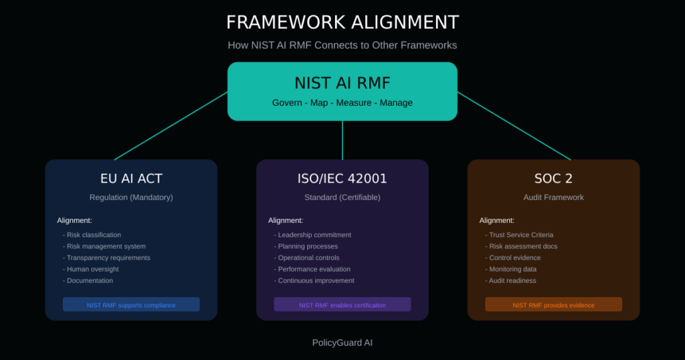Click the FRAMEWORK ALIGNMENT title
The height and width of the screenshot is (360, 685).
click(342, 22)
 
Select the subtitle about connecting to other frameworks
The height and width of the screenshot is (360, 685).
click(342, 46)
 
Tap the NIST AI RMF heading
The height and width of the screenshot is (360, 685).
click(342, 83)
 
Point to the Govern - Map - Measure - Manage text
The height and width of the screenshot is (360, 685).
click(342, 103)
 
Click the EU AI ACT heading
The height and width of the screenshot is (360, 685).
click(131, 179)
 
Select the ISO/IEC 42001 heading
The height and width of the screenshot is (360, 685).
click(342, 179)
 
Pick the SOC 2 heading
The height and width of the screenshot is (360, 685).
click(553, 179)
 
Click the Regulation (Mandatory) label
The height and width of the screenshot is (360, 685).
click(131, 197)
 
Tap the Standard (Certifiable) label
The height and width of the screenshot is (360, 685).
click(342, 197)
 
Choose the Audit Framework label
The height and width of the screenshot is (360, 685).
click(553, 197)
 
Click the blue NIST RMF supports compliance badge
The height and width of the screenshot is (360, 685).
click(131, 305)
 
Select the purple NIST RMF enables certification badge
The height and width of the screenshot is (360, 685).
click(342, 305)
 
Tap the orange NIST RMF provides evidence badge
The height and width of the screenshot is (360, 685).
click(553, 305)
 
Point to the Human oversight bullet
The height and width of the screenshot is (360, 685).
click(94, 269)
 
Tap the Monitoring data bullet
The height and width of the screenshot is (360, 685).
click(513, 269)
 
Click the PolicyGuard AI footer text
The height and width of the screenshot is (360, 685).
click(342, 343)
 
